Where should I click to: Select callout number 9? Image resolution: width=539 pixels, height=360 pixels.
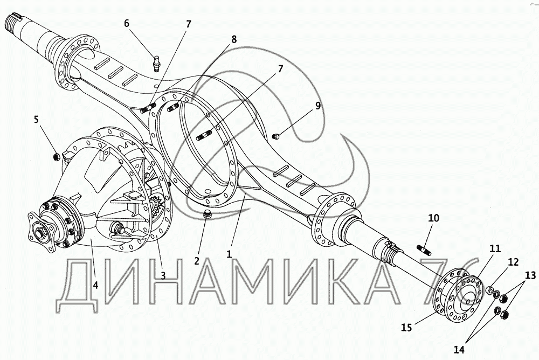(317, 106)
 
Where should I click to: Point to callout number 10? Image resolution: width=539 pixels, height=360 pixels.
(433, 218)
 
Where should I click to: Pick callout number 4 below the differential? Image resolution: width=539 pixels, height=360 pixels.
(95, 285)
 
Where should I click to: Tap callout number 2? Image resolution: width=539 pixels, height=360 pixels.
(197, 261)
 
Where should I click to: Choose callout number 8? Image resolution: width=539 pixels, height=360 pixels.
(234, 39)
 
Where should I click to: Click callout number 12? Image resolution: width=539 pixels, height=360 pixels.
(513, 262)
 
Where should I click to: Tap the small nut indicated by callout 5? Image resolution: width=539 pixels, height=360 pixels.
(55, 156)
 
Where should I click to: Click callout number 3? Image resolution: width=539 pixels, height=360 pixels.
(162, 275)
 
